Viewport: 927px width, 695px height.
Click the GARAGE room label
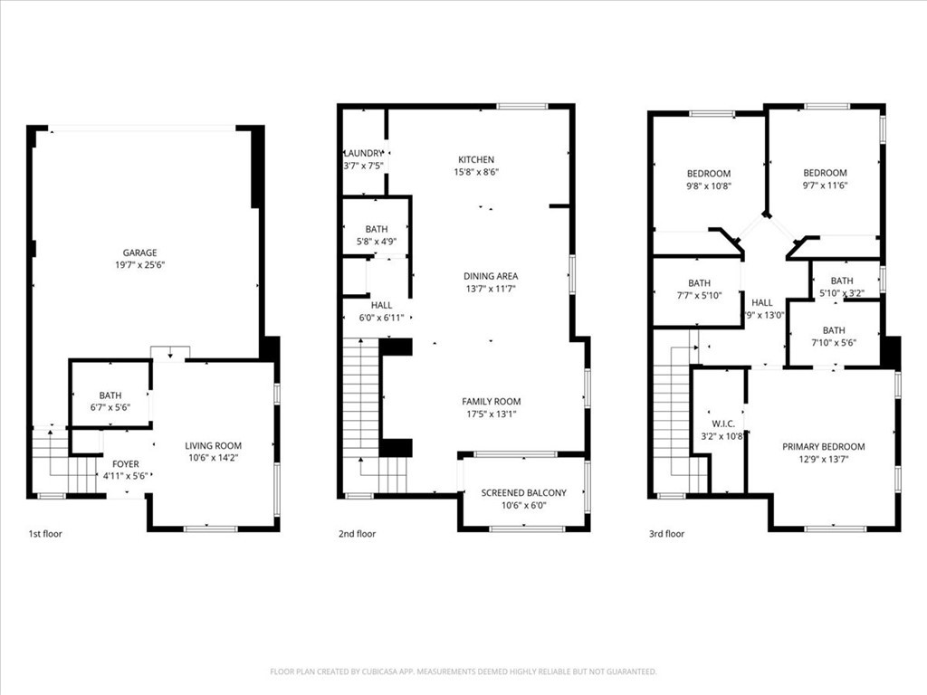[140, 252]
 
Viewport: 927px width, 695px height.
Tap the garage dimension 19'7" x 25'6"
[140, 266]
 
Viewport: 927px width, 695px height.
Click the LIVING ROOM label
[214, 445]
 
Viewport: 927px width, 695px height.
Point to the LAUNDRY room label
[363, 154]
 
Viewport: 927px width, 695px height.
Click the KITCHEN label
[476, 158]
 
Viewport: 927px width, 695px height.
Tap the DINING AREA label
[491, 276]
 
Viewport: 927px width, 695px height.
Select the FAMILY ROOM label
[491, 402]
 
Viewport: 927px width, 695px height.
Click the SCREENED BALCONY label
[523, 492]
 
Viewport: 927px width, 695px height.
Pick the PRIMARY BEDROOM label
[823, 446]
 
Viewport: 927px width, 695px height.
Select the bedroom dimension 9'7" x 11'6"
[825, 186]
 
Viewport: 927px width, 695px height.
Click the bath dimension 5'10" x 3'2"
[842, 293]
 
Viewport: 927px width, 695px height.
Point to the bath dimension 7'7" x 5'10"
[699, 295]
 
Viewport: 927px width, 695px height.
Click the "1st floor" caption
[46, 534]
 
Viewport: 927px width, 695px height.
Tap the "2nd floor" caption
[357, 534]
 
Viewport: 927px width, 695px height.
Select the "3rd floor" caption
[666, 534]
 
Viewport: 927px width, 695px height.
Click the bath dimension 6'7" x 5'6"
[110, 408]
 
